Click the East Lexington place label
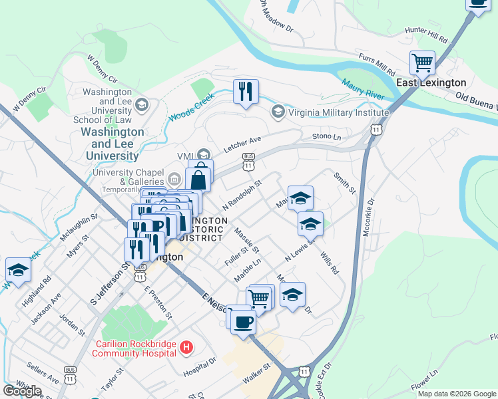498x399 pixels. click(431, 82)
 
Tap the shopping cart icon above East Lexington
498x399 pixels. click(422, 63)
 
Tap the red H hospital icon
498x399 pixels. click(186, 347)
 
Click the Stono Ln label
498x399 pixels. click(326, 136)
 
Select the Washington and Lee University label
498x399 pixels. click(112, 144)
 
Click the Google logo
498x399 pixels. click(22, 391)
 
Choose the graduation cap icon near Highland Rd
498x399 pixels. click(18, 269)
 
